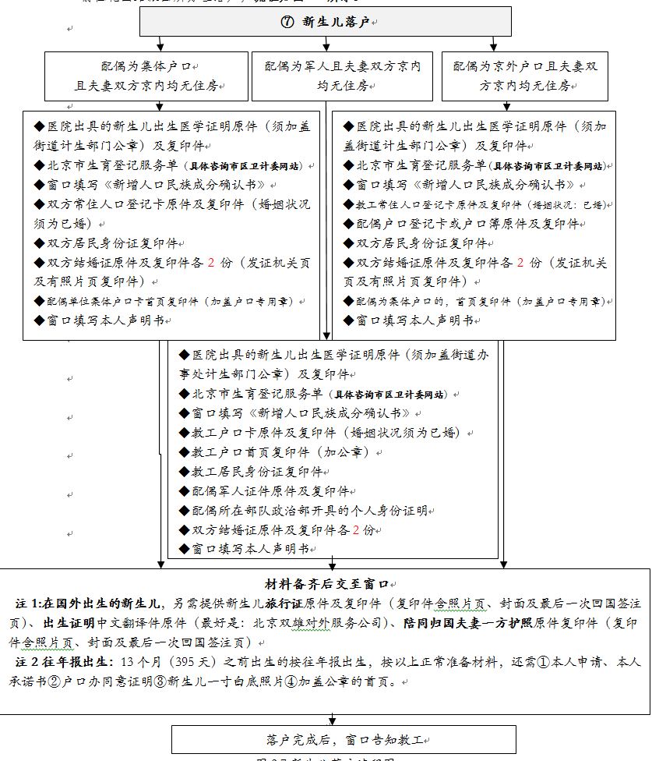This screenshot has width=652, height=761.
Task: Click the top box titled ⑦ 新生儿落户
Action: point(328,23)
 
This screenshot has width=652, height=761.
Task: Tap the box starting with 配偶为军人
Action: point(342,76)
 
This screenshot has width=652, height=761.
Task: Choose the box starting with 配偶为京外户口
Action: point(524,76)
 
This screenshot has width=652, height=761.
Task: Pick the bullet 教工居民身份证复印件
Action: point(254,472)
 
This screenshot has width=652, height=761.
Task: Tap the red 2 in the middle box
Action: point(356,530)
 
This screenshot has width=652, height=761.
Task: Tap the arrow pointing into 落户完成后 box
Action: point(333,720)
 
